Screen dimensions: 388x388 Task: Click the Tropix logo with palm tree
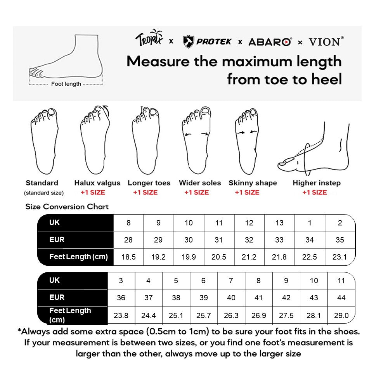pyautogui.click(x=150, y=39)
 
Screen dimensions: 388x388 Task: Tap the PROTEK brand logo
pyautogui.click(x=207, y=42)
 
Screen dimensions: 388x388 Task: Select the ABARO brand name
pyautogui.click(x=270, y=42)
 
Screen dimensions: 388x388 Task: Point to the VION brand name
pyautogui.click(x=326, y=42)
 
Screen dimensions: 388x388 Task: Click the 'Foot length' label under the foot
pyautogui.click(x=66, y=84)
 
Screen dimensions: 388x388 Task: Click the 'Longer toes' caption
pyautogui.click(x=149, y=183)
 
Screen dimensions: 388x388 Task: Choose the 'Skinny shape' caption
pyautogui.click(x=253, y=183)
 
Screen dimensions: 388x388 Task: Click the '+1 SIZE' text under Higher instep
pyautogui.click(x=315, y=192)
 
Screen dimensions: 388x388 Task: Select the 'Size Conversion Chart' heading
pyautogui.click(x=67, y=207)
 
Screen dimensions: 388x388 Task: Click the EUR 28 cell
pyautogui.click(x=128, y=240)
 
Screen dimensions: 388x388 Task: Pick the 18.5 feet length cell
pyautogui.click(x=128, y=257)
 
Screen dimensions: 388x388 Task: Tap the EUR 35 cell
pyautogui.click(x=340, y=240)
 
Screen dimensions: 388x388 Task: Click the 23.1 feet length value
pyautogui.click(x=340, y=257)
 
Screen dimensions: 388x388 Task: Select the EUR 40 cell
pyautogui.click(x=231, y=298)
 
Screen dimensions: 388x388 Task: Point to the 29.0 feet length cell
pyautogui.click(x=341, y=315)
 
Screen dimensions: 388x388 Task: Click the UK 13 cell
pyautogui.click(x=279, y=223)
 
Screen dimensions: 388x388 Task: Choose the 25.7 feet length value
pyautogui.click(x=204, y=315)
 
